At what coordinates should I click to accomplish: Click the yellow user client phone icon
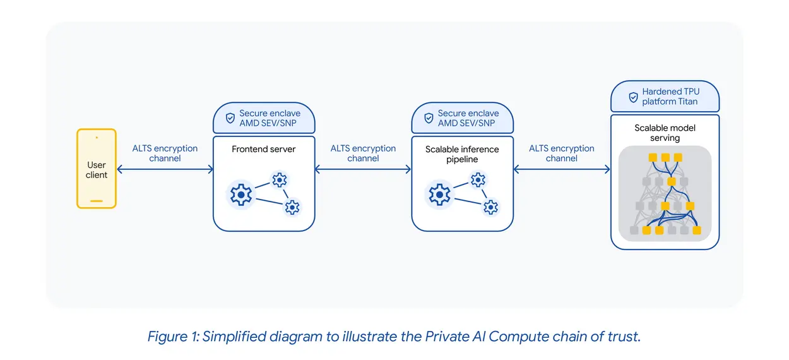(97, 169)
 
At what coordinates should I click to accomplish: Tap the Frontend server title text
(263, 150)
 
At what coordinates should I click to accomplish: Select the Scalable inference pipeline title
(462, 154)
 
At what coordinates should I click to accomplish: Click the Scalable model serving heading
(665, 133)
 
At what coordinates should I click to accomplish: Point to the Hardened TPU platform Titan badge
(665, 97)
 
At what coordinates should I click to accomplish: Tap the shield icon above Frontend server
(230, 118)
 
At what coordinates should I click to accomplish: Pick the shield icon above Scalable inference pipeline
(429, 118)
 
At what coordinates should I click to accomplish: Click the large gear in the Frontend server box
(241, 195)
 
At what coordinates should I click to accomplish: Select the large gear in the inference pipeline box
(440, 195)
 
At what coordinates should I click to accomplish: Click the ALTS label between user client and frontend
(165, 153)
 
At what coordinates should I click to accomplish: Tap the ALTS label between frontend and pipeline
(363, 153)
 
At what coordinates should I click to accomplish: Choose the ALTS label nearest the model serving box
(561, 153)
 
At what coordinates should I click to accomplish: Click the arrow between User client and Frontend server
(165, 169)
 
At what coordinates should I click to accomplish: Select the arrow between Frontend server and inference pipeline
(363, 169)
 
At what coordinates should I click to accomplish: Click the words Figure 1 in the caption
(172, 337)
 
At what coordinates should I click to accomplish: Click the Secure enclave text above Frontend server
(270, 114)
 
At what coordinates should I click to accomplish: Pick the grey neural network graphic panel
(665, 193)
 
